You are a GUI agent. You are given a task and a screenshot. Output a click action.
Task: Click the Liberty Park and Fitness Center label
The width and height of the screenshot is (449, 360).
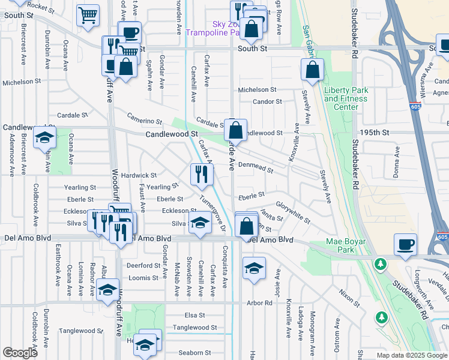[345, 98]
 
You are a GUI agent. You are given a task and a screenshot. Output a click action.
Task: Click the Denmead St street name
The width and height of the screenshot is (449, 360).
[256, 167]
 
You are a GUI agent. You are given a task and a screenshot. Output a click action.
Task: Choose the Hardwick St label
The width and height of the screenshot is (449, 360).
[139, 176]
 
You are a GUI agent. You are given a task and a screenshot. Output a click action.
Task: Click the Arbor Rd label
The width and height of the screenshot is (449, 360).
[259, 303]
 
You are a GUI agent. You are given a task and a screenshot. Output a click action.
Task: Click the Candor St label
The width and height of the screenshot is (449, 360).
[267, 102]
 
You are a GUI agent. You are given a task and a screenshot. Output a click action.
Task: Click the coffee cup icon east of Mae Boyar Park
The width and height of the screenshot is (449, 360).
[405, 245]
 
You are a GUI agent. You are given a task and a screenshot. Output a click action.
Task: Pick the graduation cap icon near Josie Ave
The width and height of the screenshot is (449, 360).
[255, 267]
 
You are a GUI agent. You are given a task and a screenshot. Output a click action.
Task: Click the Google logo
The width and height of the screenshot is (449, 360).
[20, 353]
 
